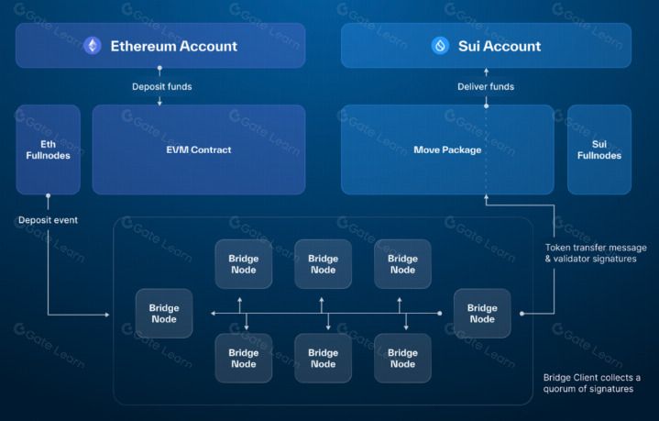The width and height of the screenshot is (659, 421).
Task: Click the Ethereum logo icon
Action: pyautogui.click(x=92, y=46)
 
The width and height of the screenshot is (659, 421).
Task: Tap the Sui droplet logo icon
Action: pyautogui.click(x=440, y=46)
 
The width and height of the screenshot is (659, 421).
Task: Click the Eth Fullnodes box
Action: pyautogui.click(x=48, y=150)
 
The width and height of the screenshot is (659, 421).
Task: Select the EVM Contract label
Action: pyautogui.click(x=199, y=150)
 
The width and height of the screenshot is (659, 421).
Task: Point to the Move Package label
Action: pyautogui.click(x=447, y=150)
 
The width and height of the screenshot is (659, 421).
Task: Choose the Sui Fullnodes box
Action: pyautogui.click(x=599, y=150)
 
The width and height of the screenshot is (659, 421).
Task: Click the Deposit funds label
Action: pyautogui.click(x=162, y=86)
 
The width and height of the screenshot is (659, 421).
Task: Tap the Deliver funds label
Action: pyautogui.click(x=486, y=86)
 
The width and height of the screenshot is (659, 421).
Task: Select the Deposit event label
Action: pyautogui.click(x=48, y=220)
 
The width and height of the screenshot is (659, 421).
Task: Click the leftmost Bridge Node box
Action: pyautogui.click(x=164, y=314)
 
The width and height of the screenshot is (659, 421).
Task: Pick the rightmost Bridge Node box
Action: pyautogui.click(x=482, y=314)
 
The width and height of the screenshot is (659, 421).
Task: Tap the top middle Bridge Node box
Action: pyautogui.click(x=323, y=264)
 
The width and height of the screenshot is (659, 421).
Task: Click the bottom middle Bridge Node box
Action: pyautogui.click(x=323, y=359)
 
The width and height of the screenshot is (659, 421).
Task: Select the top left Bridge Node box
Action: pyautogui.click(x=243, y=264)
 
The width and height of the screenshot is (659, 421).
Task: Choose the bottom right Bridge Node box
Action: pyautogui.click(x=402, y=359)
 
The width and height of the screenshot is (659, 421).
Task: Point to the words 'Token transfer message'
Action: pyautogui.click(x=596, y=248)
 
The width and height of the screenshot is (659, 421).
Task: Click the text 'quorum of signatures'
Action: pyautogui.click(x=588, y=389)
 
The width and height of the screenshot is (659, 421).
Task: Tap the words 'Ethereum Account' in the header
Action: pyautogui.click(x=173, y=46)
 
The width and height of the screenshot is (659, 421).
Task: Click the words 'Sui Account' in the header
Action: pyautogui.click(x=500, y=46)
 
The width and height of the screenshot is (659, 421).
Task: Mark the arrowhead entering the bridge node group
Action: pyautogui.click(x=107, y=315)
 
